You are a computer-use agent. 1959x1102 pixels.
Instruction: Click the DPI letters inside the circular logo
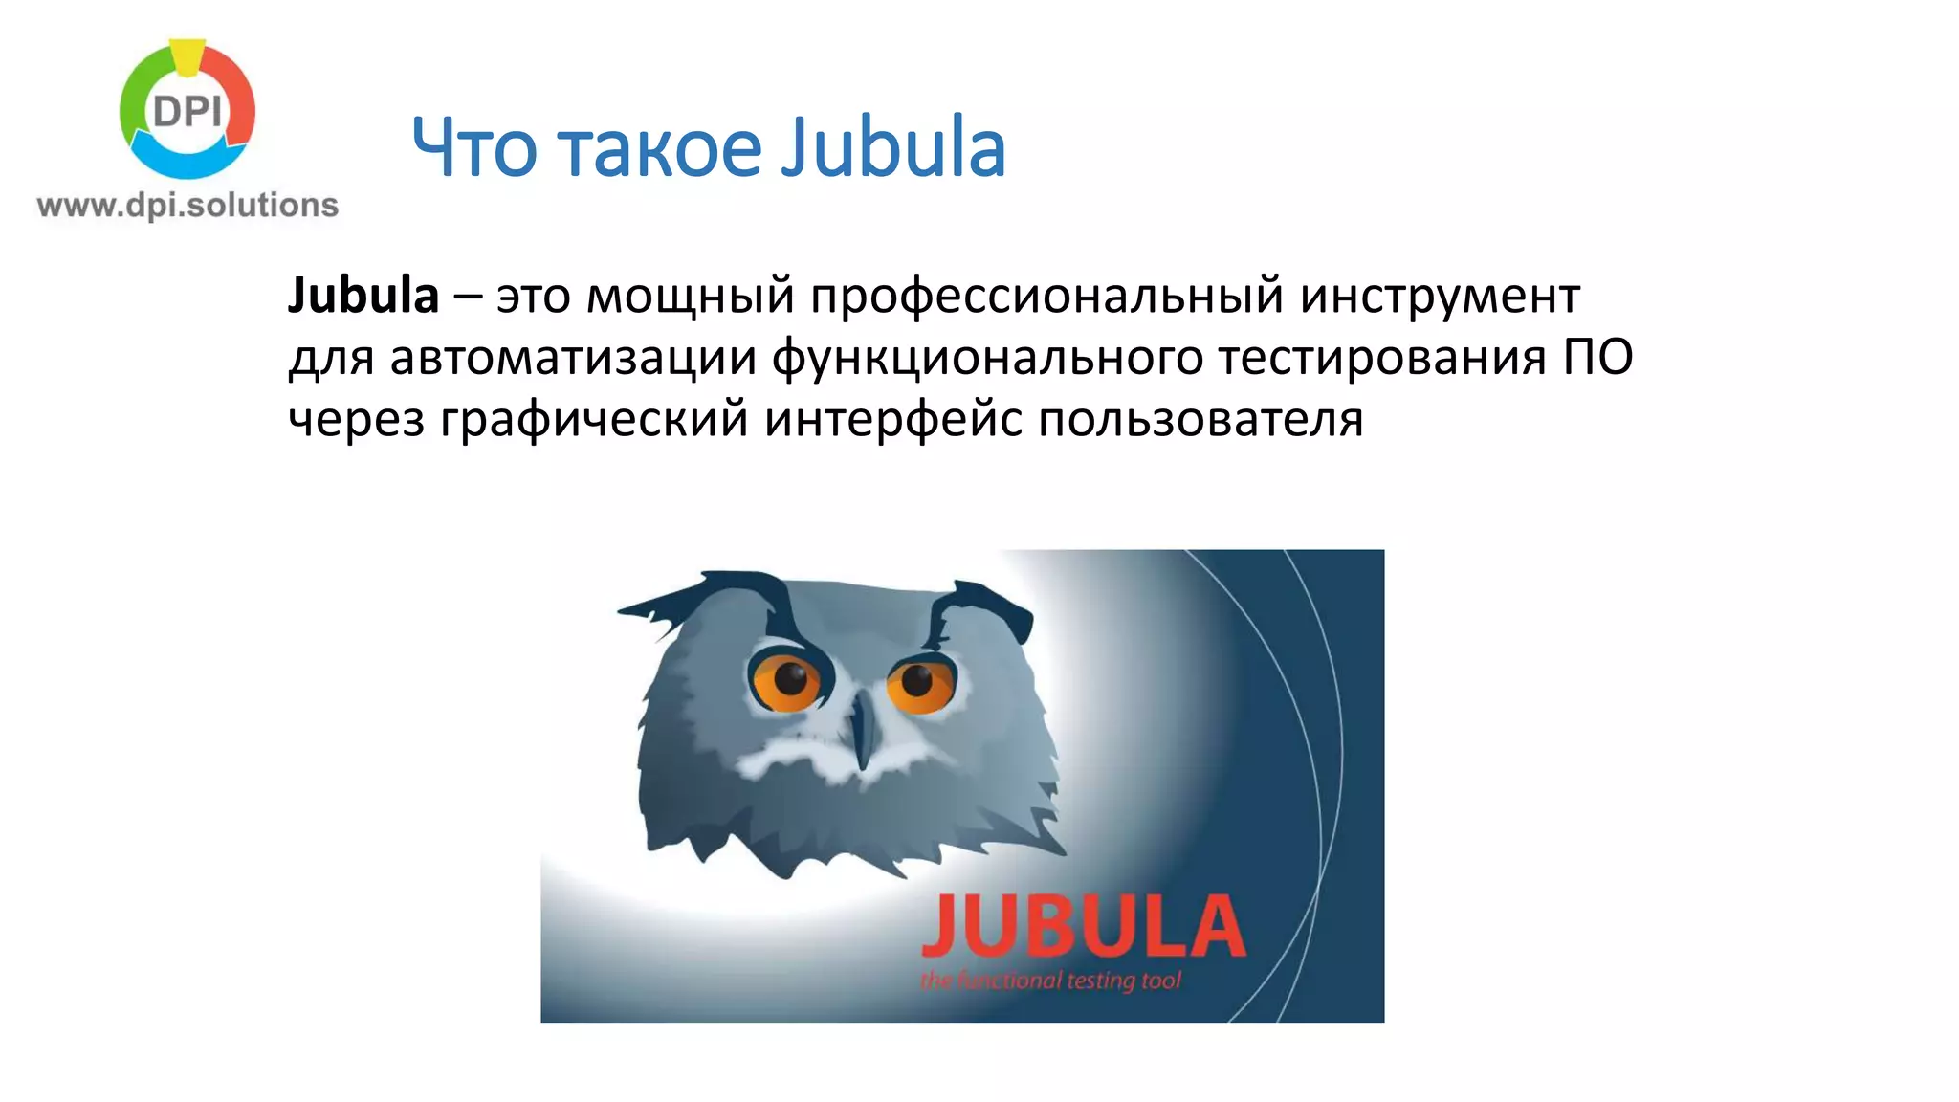click(187, 113)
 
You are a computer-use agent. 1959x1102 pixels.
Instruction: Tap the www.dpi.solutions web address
click(187, 205)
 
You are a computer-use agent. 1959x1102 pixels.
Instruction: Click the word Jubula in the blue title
click(892, 148)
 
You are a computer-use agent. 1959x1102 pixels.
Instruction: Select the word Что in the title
click(474, 148)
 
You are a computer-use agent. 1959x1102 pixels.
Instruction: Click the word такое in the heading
click(659, 148)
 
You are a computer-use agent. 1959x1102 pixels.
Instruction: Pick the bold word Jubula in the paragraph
click(363, 295)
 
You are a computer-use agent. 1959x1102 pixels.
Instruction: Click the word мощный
click(690, 295)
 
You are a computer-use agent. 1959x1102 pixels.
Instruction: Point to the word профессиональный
click(1047, 295)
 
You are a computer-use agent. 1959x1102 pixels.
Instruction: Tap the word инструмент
click(1440, 295)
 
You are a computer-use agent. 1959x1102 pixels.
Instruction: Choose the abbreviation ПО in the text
click(1598, 357)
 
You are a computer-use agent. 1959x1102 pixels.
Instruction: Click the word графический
click(594, 419)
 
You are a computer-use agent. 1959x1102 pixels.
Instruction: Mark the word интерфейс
click(893, 419)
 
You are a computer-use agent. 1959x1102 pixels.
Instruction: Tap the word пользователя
click(1200, 419)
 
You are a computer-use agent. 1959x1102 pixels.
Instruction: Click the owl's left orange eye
click(787, 680)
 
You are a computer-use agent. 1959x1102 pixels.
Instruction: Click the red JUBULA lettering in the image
click(1083, 926)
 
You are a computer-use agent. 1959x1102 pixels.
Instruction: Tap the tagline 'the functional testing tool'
click(1050, 981)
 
